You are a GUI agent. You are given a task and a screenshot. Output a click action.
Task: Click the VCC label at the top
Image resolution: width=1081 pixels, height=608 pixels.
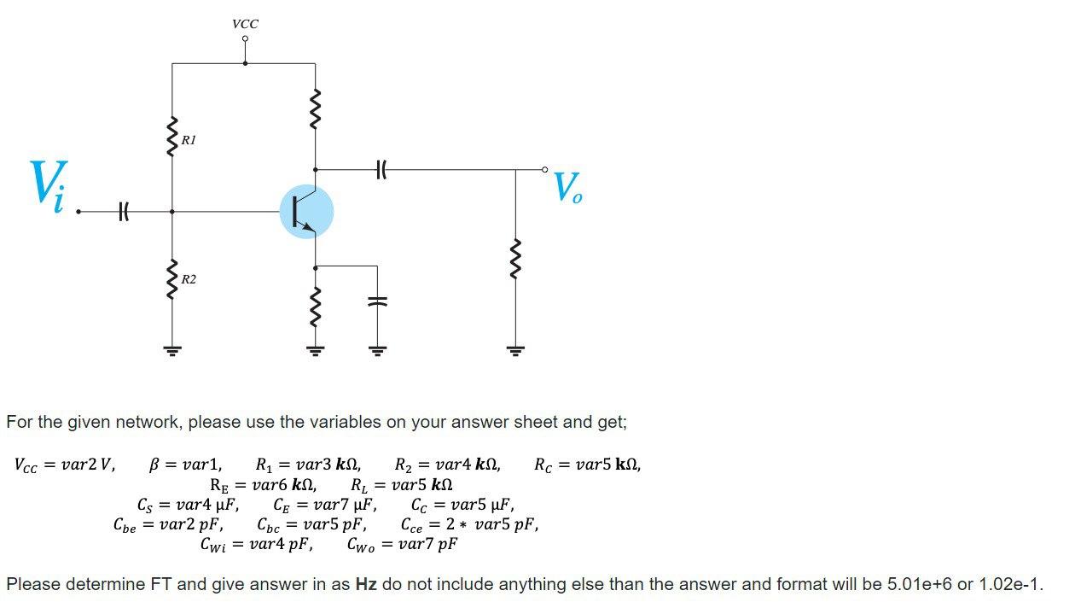pos(245,24)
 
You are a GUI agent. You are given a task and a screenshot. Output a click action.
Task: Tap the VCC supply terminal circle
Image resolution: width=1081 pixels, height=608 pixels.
pos(245,38)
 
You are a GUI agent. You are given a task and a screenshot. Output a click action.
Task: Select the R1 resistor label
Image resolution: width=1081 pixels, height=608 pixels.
pos(189,140)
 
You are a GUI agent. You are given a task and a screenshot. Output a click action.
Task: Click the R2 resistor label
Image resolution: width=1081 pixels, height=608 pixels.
pos(189,279)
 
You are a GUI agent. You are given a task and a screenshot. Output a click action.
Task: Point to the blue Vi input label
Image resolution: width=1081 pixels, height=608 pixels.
pos(48,184)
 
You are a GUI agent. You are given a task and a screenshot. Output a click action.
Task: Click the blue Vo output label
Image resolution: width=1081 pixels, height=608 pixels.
pos(567,187)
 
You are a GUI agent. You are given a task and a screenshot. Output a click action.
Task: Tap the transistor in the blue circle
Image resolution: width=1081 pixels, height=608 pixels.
pos(306,212)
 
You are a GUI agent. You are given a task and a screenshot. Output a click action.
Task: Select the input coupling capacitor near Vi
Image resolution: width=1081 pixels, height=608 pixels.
pos(125,211)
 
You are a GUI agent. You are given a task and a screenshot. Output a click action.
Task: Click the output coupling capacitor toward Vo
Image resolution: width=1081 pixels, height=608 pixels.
pos(381,170)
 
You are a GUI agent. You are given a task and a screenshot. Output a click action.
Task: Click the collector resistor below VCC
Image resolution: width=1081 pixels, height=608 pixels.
pos(316,108)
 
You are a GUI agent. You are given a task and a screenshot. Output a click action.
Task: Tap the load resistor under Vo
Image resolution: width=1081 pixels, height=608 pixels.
pos(515,259)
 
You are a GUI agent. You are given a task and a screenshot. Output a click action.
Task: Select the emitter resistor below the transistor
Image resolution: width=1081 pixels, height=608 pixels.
pos(316,307)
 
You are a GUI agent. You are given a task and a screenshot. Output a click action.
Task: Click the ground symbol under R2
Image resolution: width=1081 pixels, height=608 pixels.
pos(172,349)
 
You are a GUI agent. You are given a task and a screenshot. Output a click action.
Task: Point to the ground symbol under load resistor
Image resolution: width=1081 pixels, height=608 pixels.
pos(515,349)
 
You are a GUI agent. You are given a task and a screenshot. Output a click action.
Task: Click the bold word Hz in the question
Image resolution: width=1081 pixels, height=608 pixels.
pos(366,585)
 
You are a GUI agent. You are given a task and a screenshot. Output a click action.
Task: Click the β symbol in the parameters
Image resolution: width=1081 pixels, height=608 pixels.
pos(154,465)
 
